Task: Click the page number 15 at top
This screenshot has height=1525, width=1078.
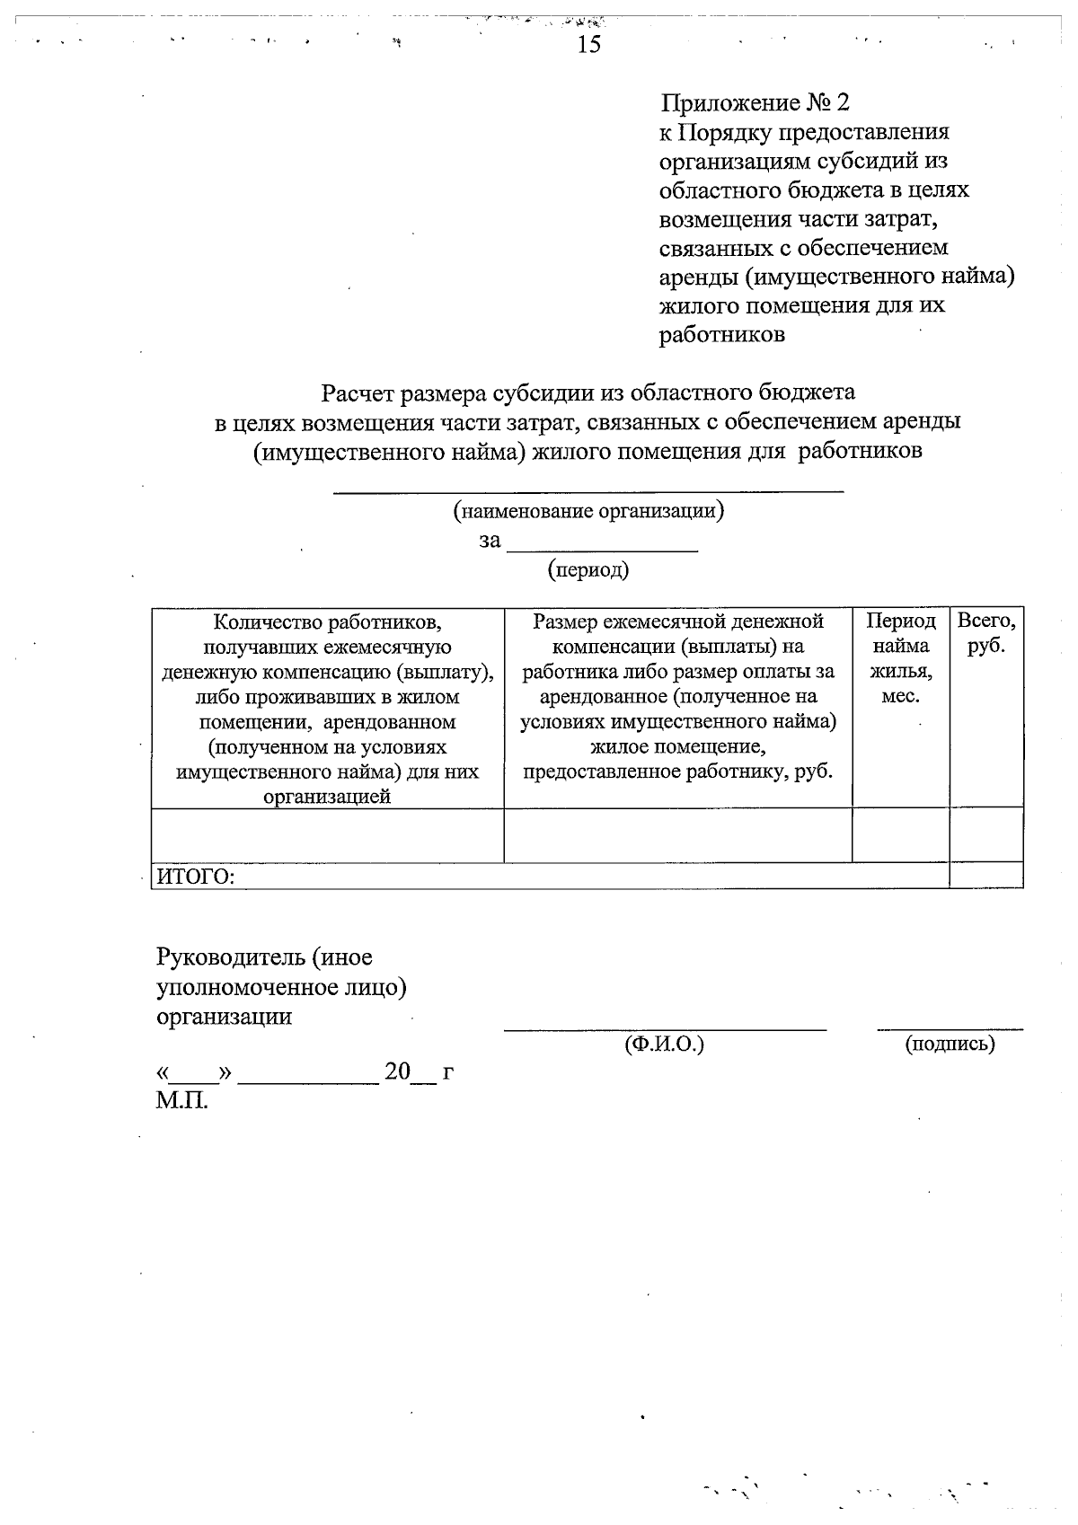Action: pyautogui.click(x=589, y=44)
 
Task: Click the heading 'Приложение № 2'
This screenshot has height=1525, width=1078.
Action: pyautogui.click(x=755, y=102)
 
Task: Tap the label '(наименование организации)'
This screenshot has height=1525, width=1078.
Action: pyautogui.click(x=588, y=512)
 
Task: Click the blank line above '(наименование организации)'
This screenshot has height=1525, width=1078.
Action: pyautogui.click(x=588, y=490)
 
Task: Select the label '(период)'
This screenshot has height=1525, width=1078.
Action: pyautogui.click(x=588, y=569)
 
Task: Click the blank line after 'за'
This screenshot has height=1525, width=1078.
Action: pyautogui.click(x=603, y=548)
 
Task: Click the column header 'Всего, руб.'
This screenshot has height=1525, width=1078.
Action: pyautogui.click(x=986, y=633)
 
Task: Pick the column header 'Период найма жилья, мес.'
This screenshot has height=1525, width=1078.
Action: pyautogui.click(x=901, y=658)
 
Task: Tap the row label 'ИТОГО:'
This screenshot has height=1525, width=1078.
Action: pyautogui.click(x=196, y=877)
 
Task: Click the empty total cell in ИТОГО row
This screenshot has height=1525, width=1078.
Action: pyautogui.click(x=986, y=876)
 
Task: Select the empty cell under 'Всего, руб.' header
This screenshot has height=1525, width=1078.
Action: pyautogui.click(x=986, y=835)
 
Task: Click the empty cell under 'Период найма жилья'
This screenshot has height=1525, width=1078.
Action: pyautogui.click(x=901, y=835)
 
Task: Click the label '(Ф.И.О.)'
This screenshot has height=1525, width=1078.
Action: pyautogui.click(x=664, y=1044)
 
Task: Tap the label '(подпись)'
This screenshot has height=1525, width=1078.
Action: pyautogui.click(x=950, y=1044)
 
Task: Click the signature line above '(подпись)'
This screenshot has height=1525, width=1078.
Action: pyautogui.click(x=950, y=1027)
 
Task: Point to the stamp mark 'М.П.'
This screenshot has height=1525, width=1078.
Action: pyautogui.click(x=181, y=1100)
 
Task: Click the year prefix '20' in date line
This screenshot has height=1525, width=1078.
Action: pyautogui.click(x=397, y=1071)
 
